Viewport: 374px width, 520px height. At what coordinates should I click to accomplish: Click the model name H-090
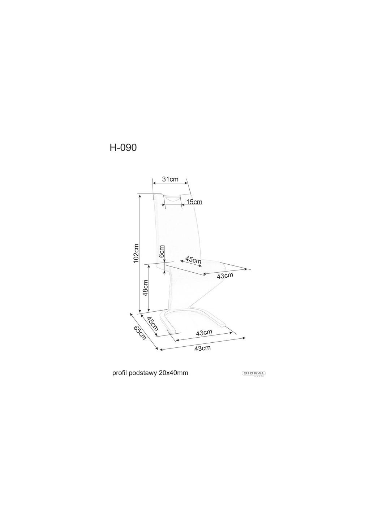point(123,147)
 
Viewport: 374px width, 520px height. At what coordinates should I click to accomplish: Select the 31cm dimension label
point(170,179)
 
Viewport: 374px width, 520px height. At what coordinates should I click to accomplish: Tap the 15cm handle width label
point(194,202)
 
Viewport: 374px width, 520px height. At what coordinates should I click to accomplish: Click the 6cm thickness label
point(162,251)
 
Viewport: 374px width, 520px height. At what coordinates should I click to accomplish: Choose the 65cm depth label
point(140,333)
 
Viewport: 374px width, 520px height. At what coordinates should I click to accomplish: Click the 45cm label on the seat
point(193,260)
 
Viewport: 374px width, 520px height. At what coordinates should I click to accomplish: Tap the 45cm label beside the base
point(152,324)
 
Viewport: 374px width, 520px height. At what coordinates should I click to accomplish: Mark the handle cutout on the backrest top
point(172,198)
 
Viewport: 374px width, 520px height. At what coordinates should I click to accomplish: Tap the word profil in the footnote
point(120,373)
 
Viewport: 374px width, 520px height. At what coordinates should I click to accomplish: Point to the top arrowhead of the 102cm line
point(140,195)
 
